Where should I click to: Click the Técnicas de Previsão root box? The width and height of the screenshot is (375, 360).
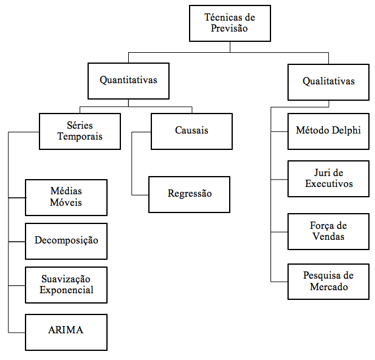tap(230, 24)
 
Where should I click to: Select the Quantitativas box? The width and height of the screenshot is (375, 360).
tap(128, 81)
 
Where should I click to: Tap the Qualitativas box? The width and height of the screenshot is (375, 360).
tap(328, 82)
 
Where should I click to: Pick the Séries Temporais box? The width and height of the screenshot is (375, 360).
tap(80, 131)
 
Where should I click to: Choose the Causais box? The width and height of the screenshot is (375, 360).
tap(191, 131)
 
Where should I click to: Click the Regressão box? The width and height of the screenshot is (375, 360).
tap(189, 194)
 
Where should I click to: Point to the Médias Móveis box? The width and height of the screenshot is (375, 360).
tap(66, 197)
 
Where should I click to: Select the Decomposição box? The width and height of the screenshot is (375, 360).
tap(66, 241)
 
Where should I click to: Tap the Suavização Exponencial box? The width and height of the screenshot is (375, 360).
tap(66, 285)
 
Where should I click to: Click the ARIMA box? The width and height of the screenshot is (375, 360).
tap(66, 332)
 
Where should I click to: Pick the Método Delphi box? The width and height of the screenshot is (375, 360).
tap(328, 131)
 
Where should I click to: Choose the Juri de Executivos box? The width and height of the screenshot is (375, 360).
tap(328, 178)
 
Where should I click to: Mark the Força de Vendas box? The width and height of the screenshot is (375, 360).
tap(328, 231)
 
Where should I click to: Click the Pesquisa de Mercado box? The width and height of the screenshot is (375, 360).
tap(328, 282)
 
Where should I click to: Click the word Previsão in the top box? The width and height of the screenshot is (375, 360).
tap(229, 29)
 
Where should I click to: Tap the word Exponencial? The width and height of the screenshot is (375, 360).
tap(66, 290)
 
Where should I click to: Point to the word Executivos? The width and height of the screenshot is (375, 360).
tap(329, 184)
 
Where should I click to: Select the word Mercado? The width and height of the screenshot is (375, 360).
tap(329, 287)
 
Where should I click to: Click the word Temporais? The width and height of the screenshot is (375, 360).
tap(80, 137)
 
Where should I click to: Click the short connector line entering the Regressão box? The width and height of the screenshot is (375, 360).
tap(140, 195)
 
